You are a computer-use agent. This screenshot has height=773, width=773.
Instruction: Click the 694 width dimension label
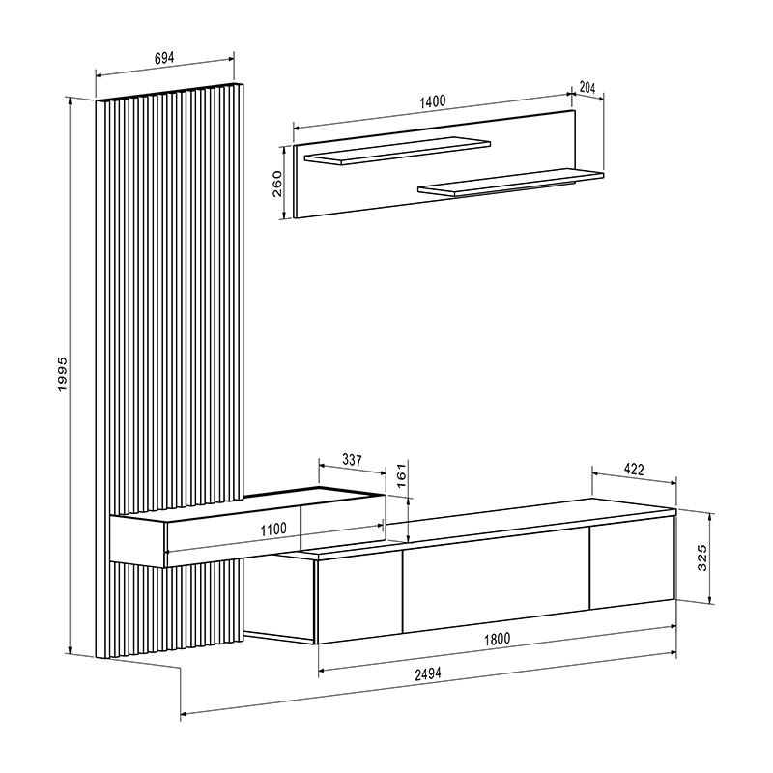(x=164, y=58)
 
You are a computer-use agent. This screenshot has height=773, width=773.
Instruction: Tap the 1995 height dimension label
(x=61, y=374)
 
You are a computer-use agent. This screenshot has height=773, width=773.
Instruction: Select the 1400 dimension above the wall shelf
(x=431, y=100)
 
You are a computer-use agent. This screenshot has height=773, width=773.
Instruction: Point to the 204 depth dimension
(x=587, y=87)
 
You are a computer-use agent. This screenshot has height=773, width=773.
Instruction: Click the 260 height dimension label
(x=277, y=183)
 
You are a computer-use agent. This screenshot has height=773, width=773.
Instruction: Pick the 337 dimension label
(x=352, y=461)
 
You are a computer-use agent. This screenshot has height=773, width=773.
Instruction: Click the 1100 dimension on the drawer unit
(x=274, y=529)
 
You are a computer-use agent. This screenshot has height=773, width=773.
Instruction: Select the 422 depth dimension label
(x=633, y=471)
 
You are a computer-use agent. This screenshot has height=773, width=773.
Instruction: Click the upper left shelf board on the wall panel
(x=396, y=152)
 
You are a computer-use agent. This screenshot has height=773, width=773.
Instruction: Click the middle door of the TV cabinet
(x=495, y=585)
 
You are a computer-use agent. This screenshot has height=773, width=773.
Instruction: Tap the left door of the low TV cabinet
(x=358, y=596)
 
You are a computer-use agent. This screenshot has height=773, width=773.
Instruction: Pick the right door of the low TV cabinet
(x=630, y=564)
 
